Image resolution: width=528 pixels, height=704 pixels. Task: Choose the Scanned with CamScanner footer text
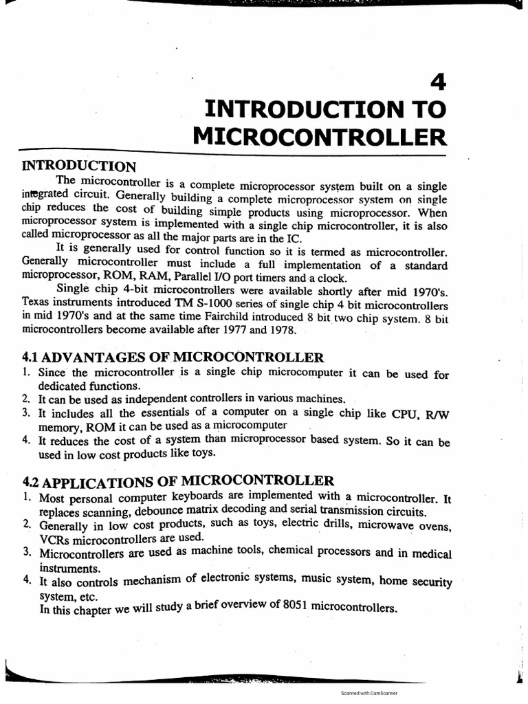(369, 694)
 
